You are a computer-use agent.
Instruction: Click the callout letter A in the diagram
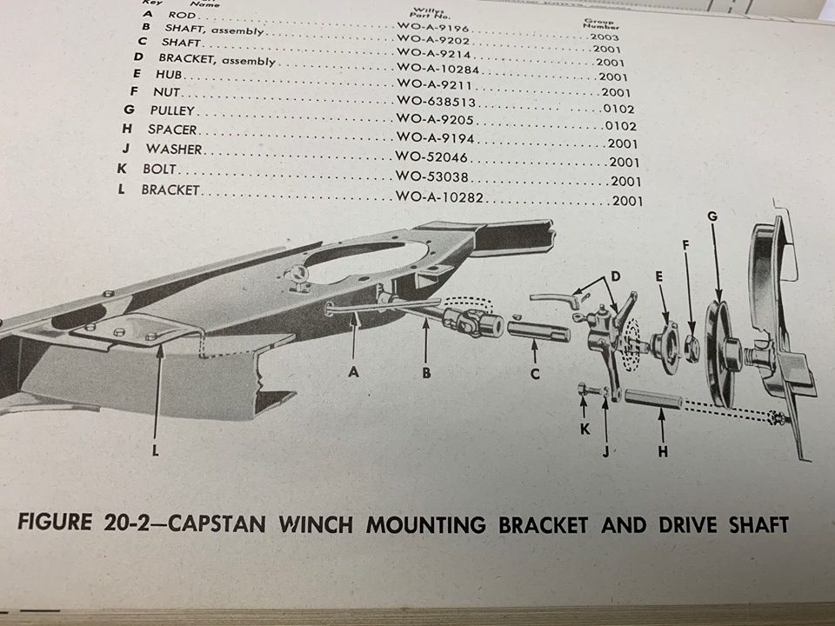click(x=353, y=370)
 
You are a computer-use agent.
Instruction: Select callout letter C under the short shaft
click(x=535, y=375)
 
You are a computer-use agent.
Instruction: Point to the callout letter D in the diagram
click(x=615, y=276)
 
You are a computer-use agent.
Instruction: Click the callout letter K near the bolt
click(x=584, y=429)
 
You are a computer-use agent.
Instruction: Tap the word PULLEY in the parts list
click(x=172, y=111)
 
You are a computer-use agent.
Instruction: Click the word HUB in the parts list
click(x=170, y=76)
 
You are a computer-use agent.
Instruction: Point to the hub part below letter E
click(x=666, y=346)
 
